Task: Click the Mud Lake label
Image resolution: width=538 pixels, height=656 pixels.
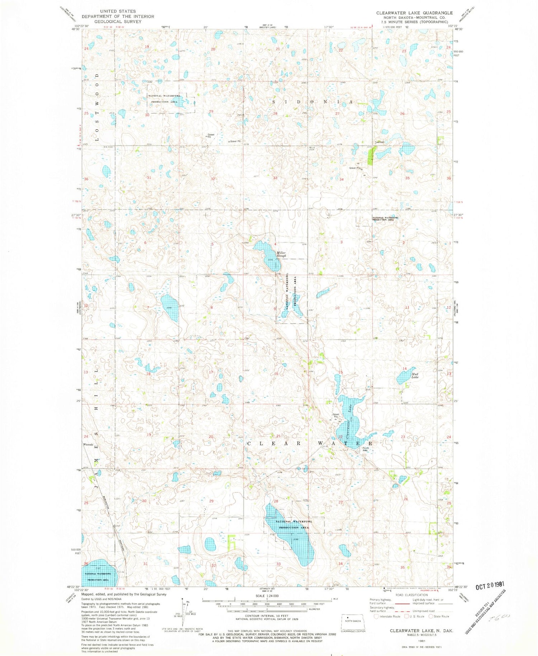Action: click(x=415, y=375)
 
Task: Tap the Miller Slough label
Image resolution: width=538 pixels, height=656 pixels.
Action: click(x=281, y=254)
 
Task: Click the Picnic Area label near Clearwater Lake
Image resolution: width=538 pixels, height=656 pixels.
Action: click(x=366, y=449)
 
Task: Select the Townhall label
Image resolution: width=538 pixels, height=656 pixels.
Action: click(x=379, y=142)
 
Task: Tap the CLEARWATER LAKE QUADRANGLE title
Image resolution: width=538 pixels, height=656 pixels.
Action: click(x=414, y=13)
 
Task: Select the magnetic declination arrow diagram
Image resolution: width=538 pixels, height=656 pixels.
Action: click(x=184, y=609)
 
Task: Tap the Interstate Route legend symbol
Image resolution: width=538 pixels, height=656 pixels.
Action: click(x=376, y=616)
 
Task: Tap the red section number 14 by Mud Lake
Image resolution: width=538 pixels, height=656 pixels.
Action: click(x=404, y=369)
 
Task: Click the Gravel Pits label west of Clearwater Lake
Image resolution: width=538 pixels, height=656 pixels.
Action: click(x=336, y=415)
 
